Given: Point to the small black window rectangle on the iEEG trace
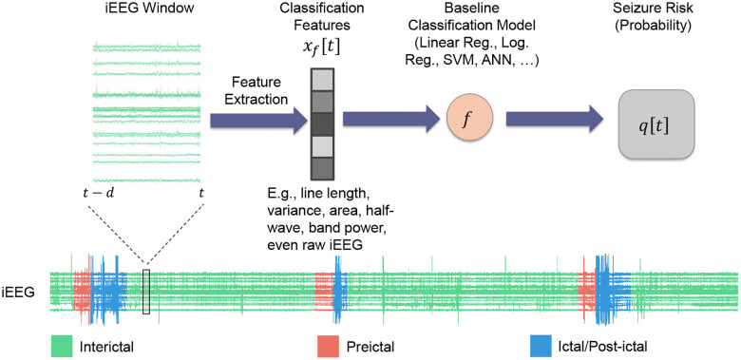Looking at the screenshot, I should (145, 292).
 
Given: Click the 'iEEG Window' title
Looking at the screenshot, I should (147, 11).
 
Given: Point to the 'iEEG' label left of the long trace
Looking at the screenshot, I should (19, 293).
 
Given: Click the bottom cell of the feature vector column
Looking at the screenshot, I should (319, 168).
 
